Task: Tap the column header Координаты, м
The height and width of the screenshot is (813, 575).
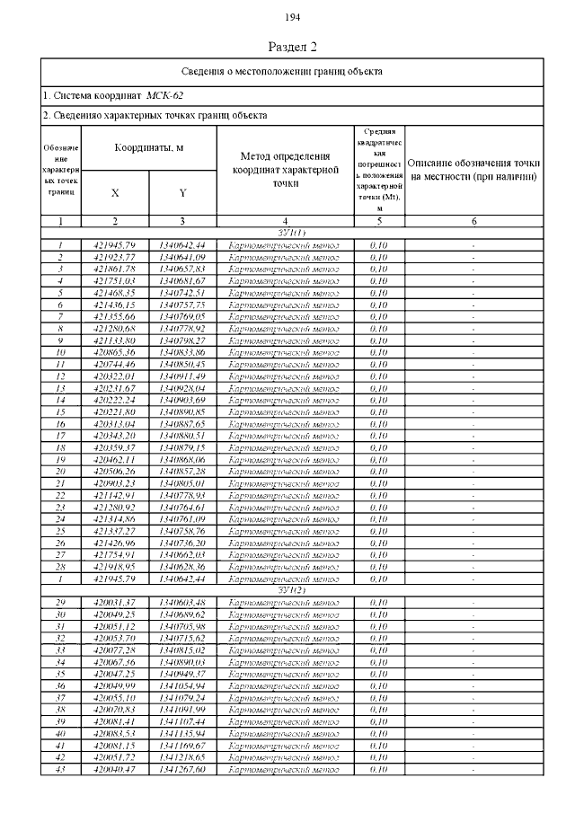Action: [148, 146]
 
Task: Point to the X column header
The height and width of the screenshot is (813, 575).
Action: [114, 192]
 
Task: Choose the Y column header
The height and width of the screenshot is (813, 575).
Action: [182, 192]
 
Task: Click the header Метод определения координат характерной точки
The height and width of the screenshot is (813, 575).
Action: [285, 170]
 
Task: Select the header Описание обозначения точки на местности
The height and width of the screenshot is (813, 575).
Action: [473, 170]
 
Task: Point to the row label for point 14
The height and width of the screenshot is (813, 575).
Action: [60, 399]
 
